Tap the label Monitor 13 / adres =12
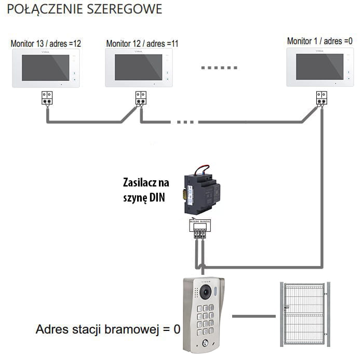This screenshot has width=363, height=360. click(46, 44)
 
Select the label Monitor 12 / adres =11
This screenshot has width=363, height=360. click(142, 44)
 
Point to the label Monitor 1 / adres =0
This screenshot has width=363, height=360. click(319, 41)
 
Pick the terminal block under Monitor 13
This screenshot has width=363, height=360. click(47, 97)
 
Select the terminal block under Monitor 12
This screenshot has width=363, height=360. click(141, 97)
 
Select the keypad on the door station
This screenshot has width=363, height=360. click(206, 321)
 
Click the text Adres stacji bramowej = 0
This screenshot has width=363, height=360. click(107, 329)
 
